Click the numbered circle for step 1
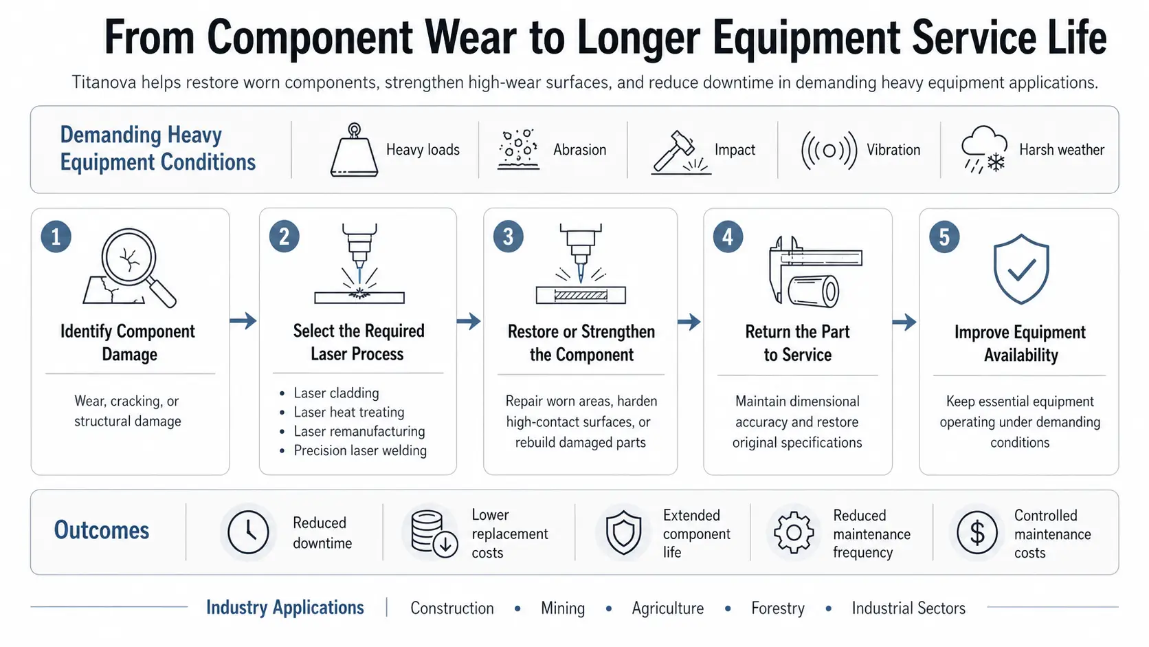click(56, 237)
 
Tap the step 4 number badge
click(727, 237)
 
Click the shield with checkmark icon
click(1020, 269)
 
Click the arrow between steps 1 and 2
click(243, 320)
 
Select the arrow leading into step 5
click(904, 322)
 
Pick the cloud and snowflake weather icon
click(984, 149)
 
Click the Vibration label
click(893, 150)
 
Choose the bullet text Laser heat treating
click(349, 412)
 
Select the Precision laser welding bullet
click(360, 450)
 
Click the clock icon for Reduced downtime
click(248, 532)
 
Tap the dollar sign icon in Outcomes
click(977, 533)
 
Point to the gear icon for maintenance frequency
click(794, 533)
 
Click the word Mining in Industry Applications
click(563, 608)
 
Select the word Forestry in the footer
click(778, 608)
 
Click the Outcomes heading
click(102, 531)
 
